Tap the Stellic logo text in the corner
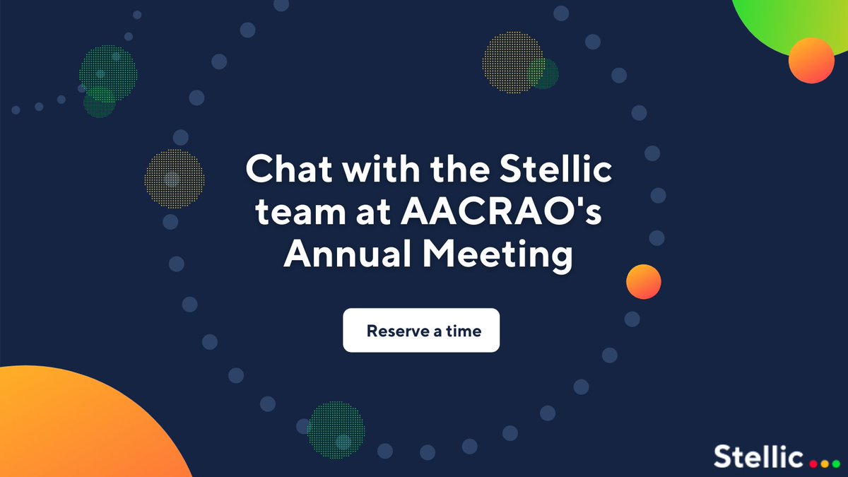click(758, 456)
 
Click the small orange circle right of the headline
click(643, 281)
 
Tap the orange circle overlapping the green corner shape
click(811, 61)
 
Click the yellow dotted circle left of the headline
click(175, 178)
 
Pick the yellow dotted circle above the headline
click(512, 62)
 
